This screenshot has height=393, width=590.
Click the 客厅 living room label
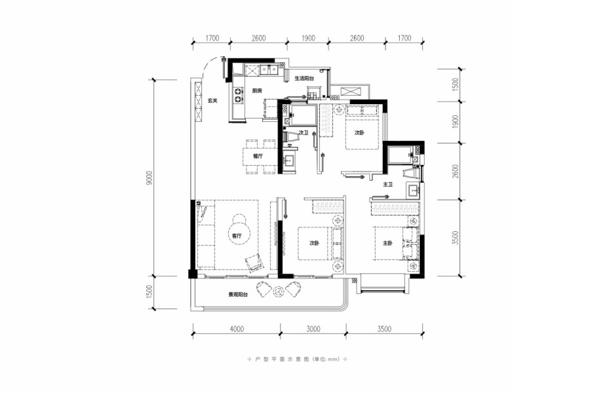(236, 236)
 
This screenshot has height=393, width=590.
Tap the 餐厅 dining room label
(258, 157)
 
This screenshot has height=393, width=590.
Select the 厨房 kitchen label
(257, 90)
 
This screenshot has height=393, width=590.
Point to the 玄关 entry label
(212, 101)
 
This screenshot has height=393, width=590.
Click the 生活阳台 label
(304, 79)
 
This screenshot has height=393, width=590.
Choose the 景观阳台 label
(238, 295)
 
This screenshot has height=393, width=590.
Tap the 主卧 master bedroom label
(387, 243)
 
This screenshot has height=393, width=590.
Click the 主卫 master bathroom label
(387, 185)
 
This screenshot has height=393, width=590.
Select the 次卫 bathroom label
(304, 133)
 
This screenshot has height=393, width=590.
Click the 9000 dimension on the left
(149, 178)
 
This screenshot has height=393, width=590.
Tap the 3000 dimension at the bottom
(313, 329)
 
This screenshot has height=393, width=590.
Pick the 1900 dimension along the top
(308, 38)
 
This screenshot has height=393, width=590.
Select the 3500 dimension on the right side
(456, 238)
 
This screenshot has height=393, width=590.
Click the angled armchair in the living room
(254, 263)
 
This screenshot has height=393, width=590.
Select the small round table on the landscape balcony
(278, 291)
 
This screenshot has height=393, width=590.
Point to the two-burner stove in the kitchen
(239, 95)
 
